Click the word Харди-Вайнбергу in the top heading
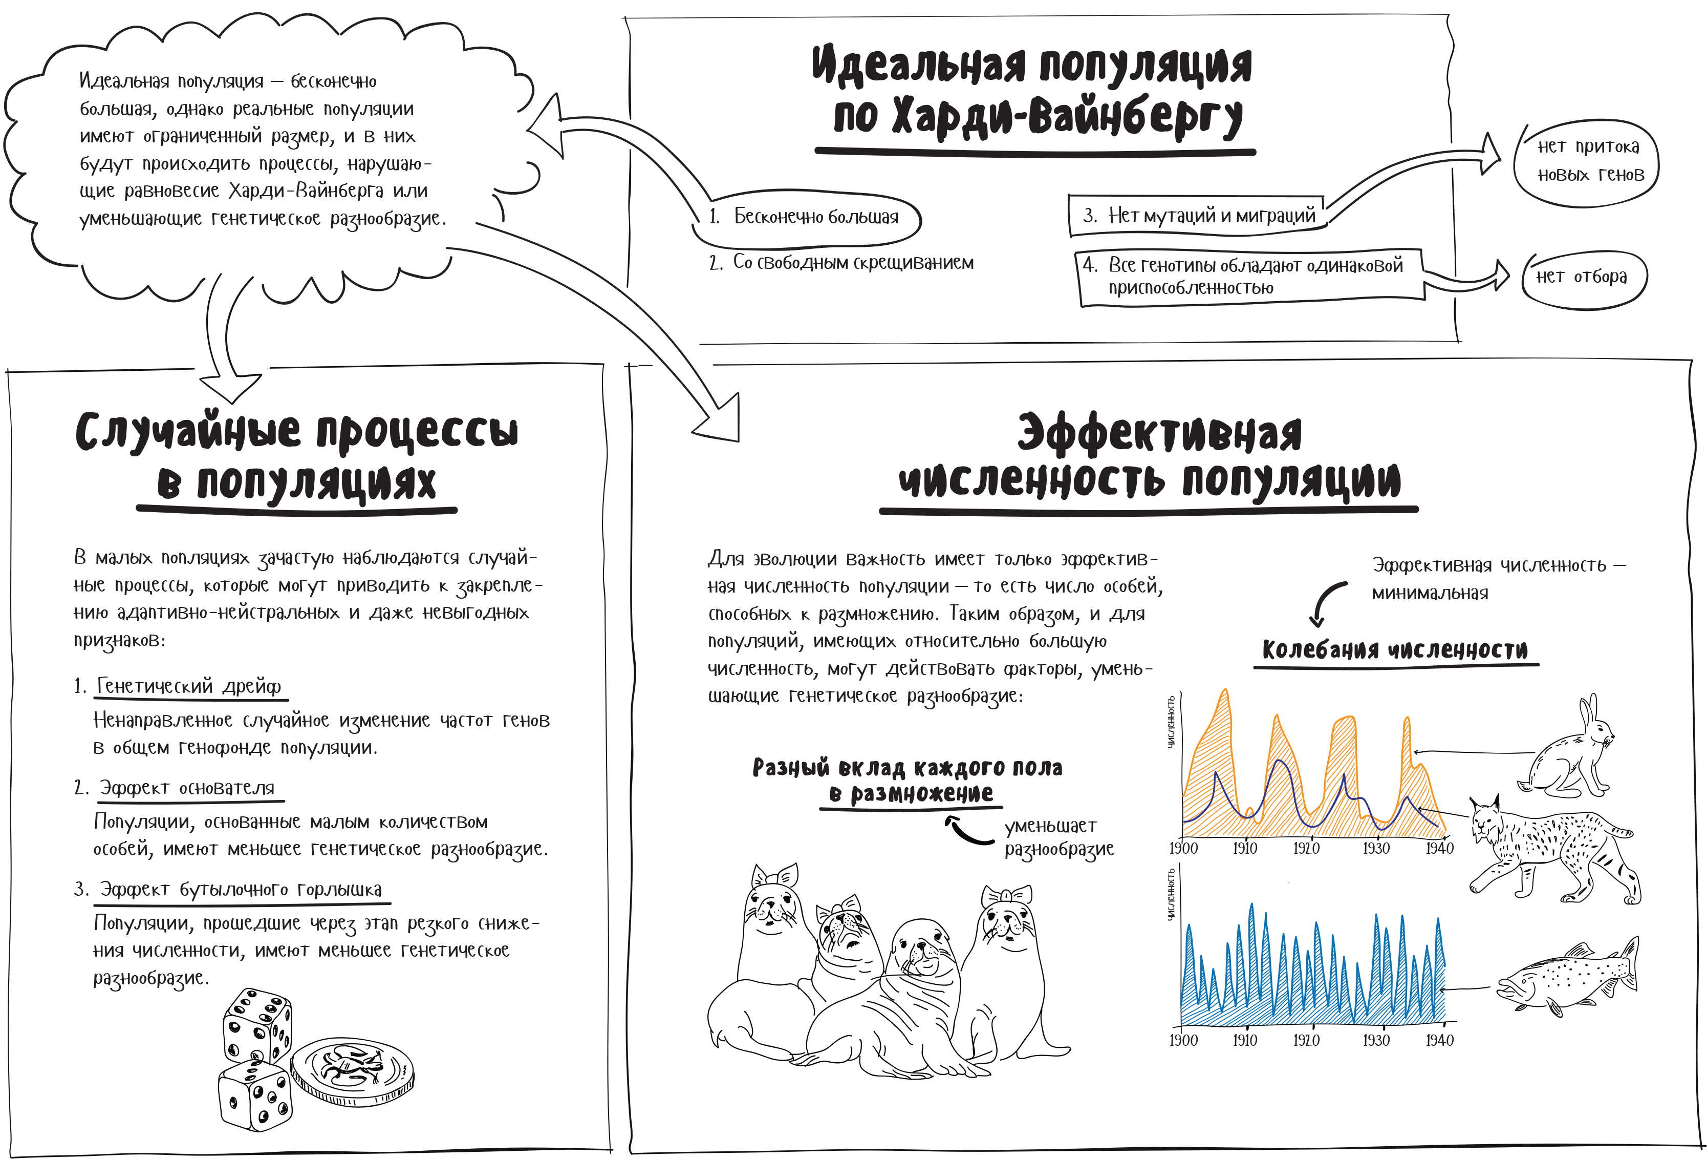click(1037, 118)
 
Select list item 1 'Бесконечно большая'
click(815, 217)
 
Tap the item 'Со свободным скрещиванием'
click(852, 262)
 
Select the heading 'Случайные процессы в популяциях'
click(297, 456)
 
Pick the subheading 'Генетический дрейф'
click(189, 686)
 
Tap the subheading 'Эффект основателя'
click(187, 788)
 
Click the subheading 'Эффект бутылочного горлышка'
click(241, 889)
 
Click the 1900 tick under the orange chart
click(1183, 848)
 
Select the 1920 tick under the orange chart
click(1306, 848)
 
